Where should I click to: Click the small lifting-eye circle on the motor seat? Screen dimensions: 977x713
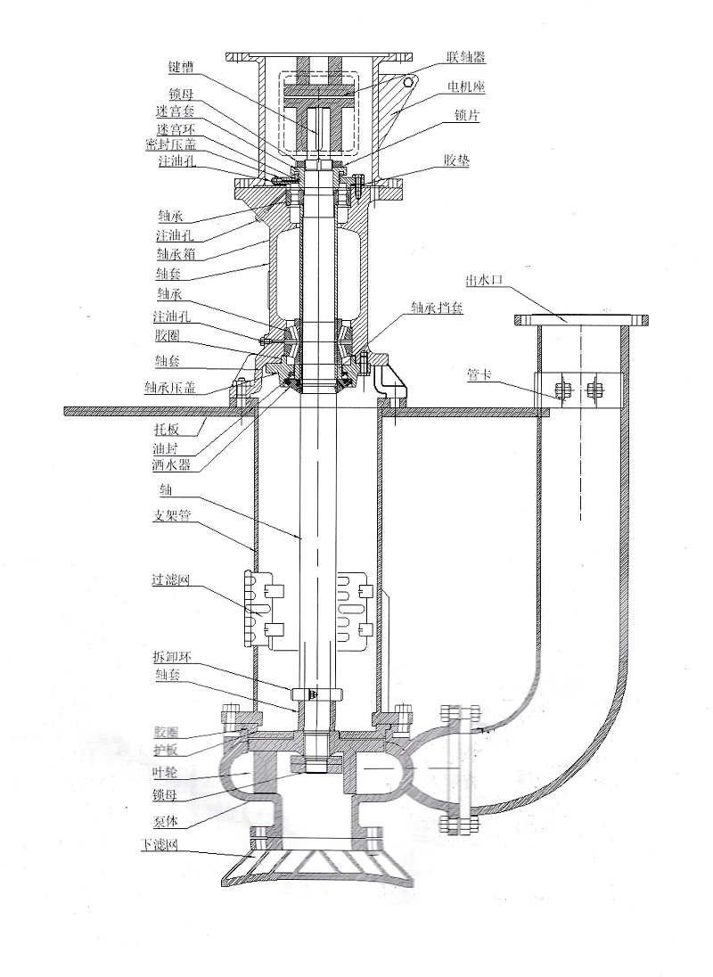pyautogui.click(x=409, y=82)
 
